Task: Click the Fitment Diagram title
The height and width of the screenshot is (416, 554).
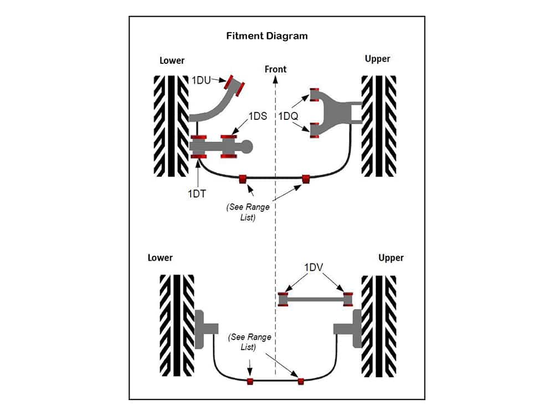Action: tap(267, 36)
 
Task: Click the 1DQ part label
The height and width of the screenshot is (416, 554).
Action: tap(288, 116)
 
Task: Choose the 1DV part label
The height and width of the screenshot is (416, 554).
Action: tap(315, 267)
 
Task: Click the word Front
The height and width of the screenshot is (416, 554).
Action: tap(275, 69)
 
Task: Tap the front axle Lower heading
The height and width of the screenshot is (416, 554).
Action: tap(172, 60)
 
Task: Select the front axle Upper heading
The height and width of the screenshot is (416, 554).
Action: tap(377, 58)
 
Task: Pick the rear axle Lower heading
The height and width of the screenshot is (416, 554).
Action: tap(160, 257)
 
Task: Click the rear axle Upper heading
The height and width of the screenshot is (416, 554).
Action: tap(391, 257)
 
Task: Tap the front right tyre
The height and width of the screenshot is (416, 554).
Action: tap(379, 126)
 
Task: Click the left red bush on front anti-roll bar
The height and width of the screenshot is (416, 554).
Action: tap(242, 179)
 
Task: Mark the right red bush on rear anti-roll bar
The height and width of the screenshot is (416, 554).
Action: tap(301, 381)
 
